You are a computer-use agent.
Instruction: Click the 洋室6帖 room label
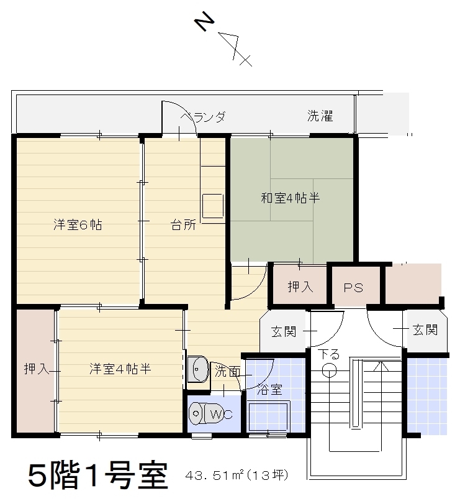78,224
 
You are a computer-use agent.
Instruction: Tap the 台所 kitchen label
183,224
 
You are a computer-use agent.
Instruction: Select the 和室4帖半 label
291,198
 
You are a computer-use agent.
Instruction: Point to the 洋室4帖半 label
120,369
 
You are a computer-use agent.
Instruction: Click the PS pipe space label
353,288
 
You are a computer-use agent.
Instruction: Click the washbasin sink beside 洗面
198,369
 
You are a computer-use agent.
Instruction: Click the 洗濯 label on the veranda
320,116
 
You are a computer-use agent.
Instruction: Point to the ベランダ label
203,117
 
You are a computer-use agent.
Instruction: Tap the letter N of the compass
204,21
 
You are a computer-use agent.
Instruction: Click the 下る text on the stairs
329,354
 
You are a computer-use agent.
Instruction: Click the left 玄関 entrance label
283,331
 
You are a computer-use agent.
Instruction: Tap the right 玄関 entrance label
425,329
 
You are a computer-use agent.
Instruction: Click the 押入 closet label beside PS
300,287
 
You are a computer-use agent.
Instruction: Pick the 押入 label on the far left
37,369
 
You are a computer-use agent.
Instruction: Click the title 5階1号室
98,476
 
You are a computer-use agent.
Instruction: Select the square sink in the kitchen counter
213,206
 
